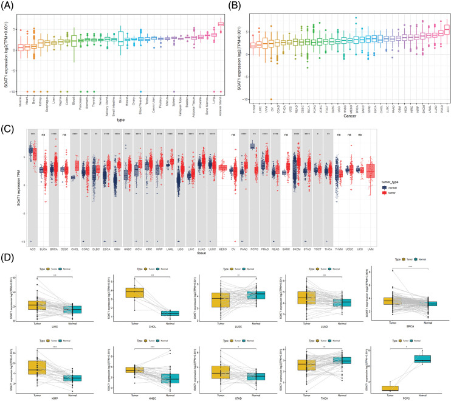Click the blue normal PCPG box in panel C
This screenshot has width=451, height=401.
(x=252, y=147)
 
